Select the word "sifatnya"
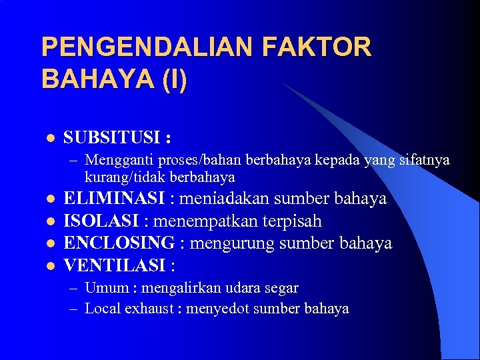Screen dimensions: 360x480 tap(424, 161)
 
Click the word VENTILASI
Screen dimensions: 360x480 tap(114, 265)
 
